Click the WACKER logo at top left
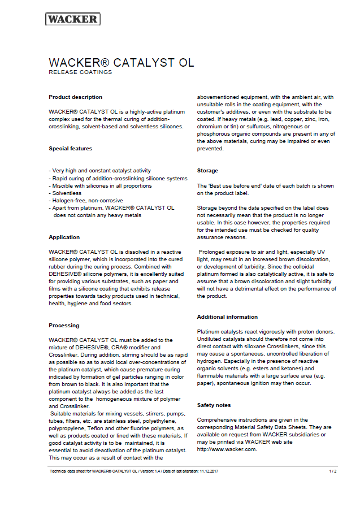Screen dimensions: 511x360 [x=73, y=19]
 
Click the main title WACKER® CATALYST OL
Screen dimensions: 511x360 [x=122, y=62]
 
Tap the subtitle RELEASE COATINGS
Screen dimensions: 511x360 [x=80, y=72]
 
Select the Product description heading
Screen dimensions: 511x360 [x=76, y=97]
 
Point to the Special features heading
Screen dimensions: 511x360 [x=70, y=149]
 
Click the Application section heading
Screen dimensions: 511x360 [x=64, y=237]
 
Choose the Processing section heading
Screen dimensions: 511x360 [x=64, y=326]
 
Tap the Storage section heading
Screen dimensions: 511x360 [x=207, y=171]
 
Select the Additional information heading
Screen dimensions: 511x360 [x=227, y=317]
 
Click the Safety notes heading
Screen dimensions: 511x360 [x=214, y=405]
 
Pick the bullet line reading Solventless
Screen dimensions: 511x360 [x=66, y=193]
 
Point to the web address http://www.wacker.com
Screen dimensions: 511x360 [x=227, y=449]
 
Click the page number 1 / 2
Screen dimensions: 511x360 [x=333, y=471]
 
